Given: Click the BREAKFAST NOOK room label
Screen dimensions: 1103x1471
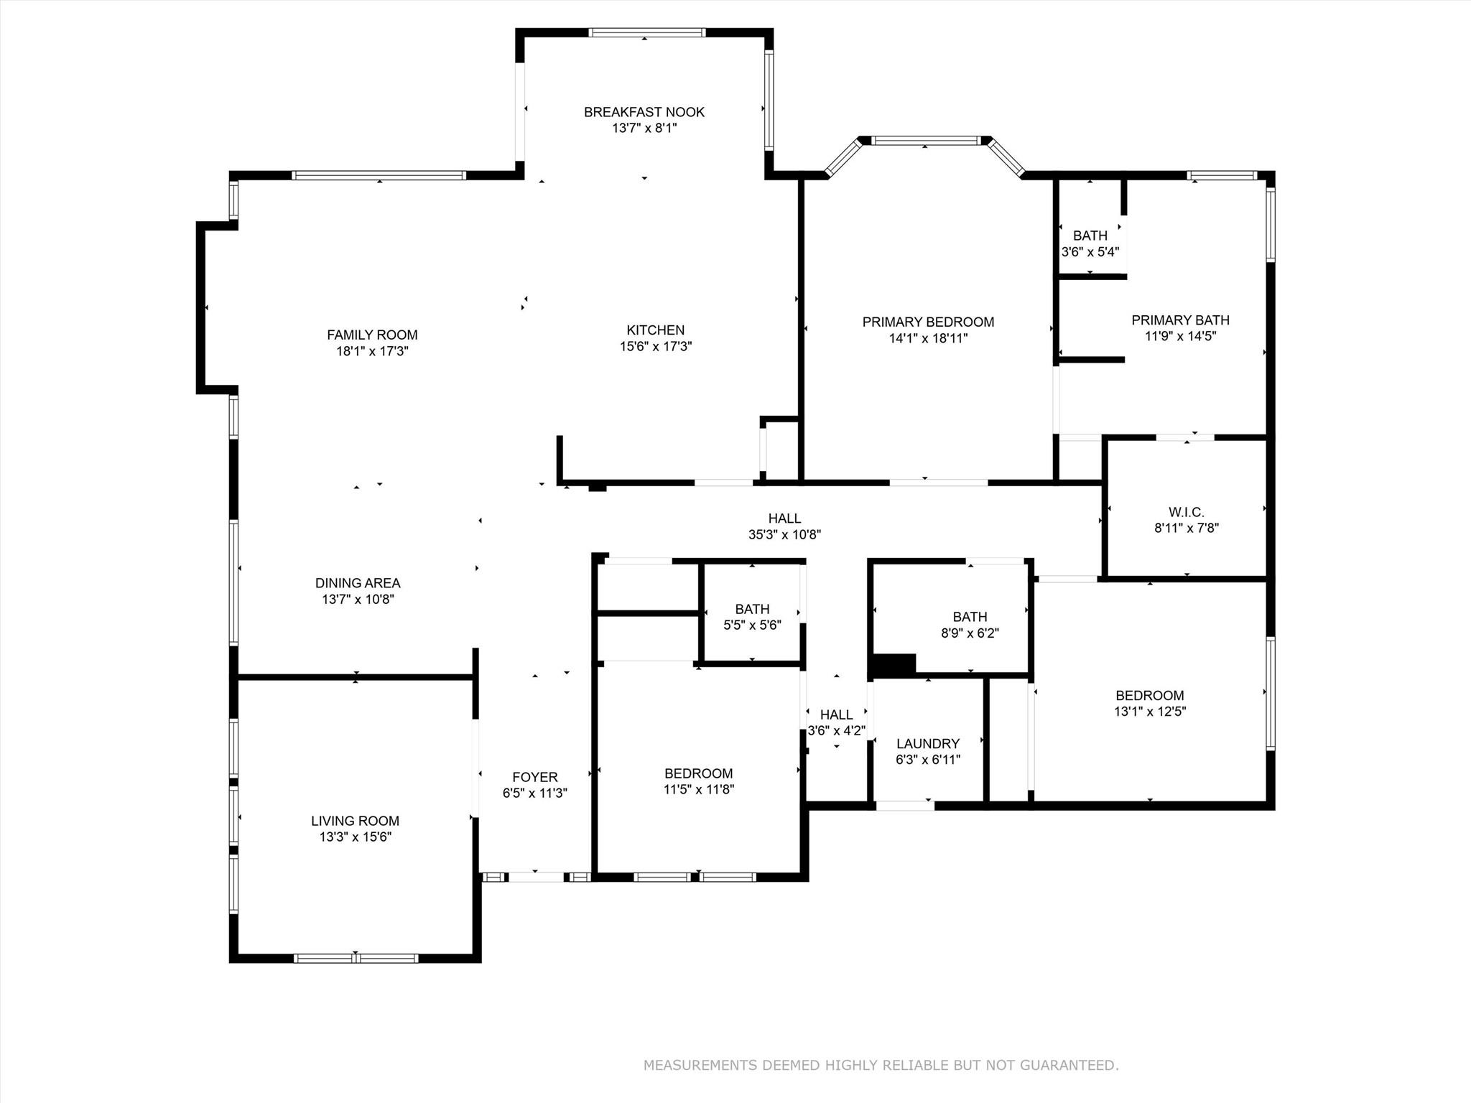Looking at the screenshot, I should [644, 112].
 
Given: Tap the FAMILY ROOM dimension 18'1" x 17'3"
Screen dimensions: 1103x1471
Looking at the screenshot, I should [372, 351].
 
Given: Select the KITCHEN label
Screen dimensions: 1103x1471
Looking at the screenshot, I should [655, 330].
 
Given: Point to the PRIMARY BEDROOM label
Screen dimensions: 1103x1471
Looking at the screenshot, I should [928, 322].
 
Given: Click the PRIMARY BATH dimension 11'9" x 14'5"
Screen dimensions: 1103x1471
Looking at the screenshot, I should [1180, 336].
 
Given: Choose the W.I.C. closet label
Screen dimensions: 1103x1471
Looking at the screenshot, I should [1186, 512].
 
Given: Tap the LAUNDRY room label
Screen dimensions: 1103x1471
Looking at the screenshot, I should [927, 744].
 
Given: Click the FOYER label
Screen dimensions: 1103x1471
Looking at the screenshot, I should [534, 777].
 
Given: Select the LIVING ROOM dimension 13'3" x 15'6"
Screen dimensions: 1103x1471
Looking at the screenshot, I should [355, 837].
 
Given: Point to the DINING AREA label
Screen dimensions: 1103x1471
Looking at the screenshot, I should [358, 583].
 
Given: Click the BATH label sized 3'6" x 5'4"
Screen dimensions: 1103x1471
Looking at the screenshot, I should [1090, 236].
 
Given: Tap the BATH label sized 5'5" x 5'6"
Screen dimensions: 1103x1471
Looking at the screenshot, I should [752, 609].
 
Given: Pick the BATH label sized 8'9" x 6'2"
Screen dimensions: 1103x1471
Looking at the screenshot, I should [970, 617].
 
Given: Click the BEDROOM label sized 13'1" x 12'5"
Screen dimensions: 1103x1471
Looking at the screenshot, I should [1149, 695].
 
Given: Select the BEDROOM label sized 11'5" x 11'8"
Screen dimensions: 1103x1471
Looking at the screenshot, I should [698, 773].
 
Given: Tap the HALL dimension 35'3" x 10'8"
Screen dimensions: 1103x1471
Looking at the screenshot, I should [784, 534].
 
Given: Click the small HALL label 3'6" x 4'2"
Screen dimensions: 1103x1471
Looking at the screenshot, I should [836, 715].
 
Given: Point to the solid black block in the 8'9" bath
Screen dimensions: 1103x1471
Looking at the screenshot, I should [894, 664].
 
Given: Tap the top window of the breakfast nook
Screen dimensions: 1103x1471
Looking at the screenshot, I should [646, 32].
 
